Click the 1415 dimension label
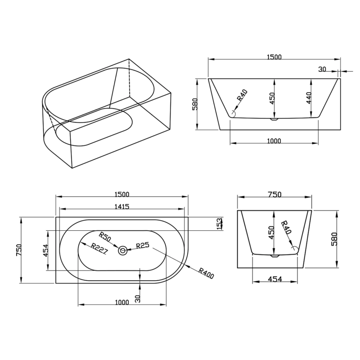(x=122, y=207)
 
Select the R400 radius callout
(x=206, y=273)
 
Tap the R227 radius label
(x=99, y=249)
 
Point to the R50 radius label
(x=105, y=237)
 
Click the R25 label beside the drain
(x=142, y=245)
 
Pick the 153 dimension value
(x=220, y=224)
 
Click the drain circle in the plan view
(x=122, y=251)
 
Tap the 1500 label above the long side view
(x=274, y=57)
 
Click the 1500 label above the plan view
(x=122, y=194)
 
